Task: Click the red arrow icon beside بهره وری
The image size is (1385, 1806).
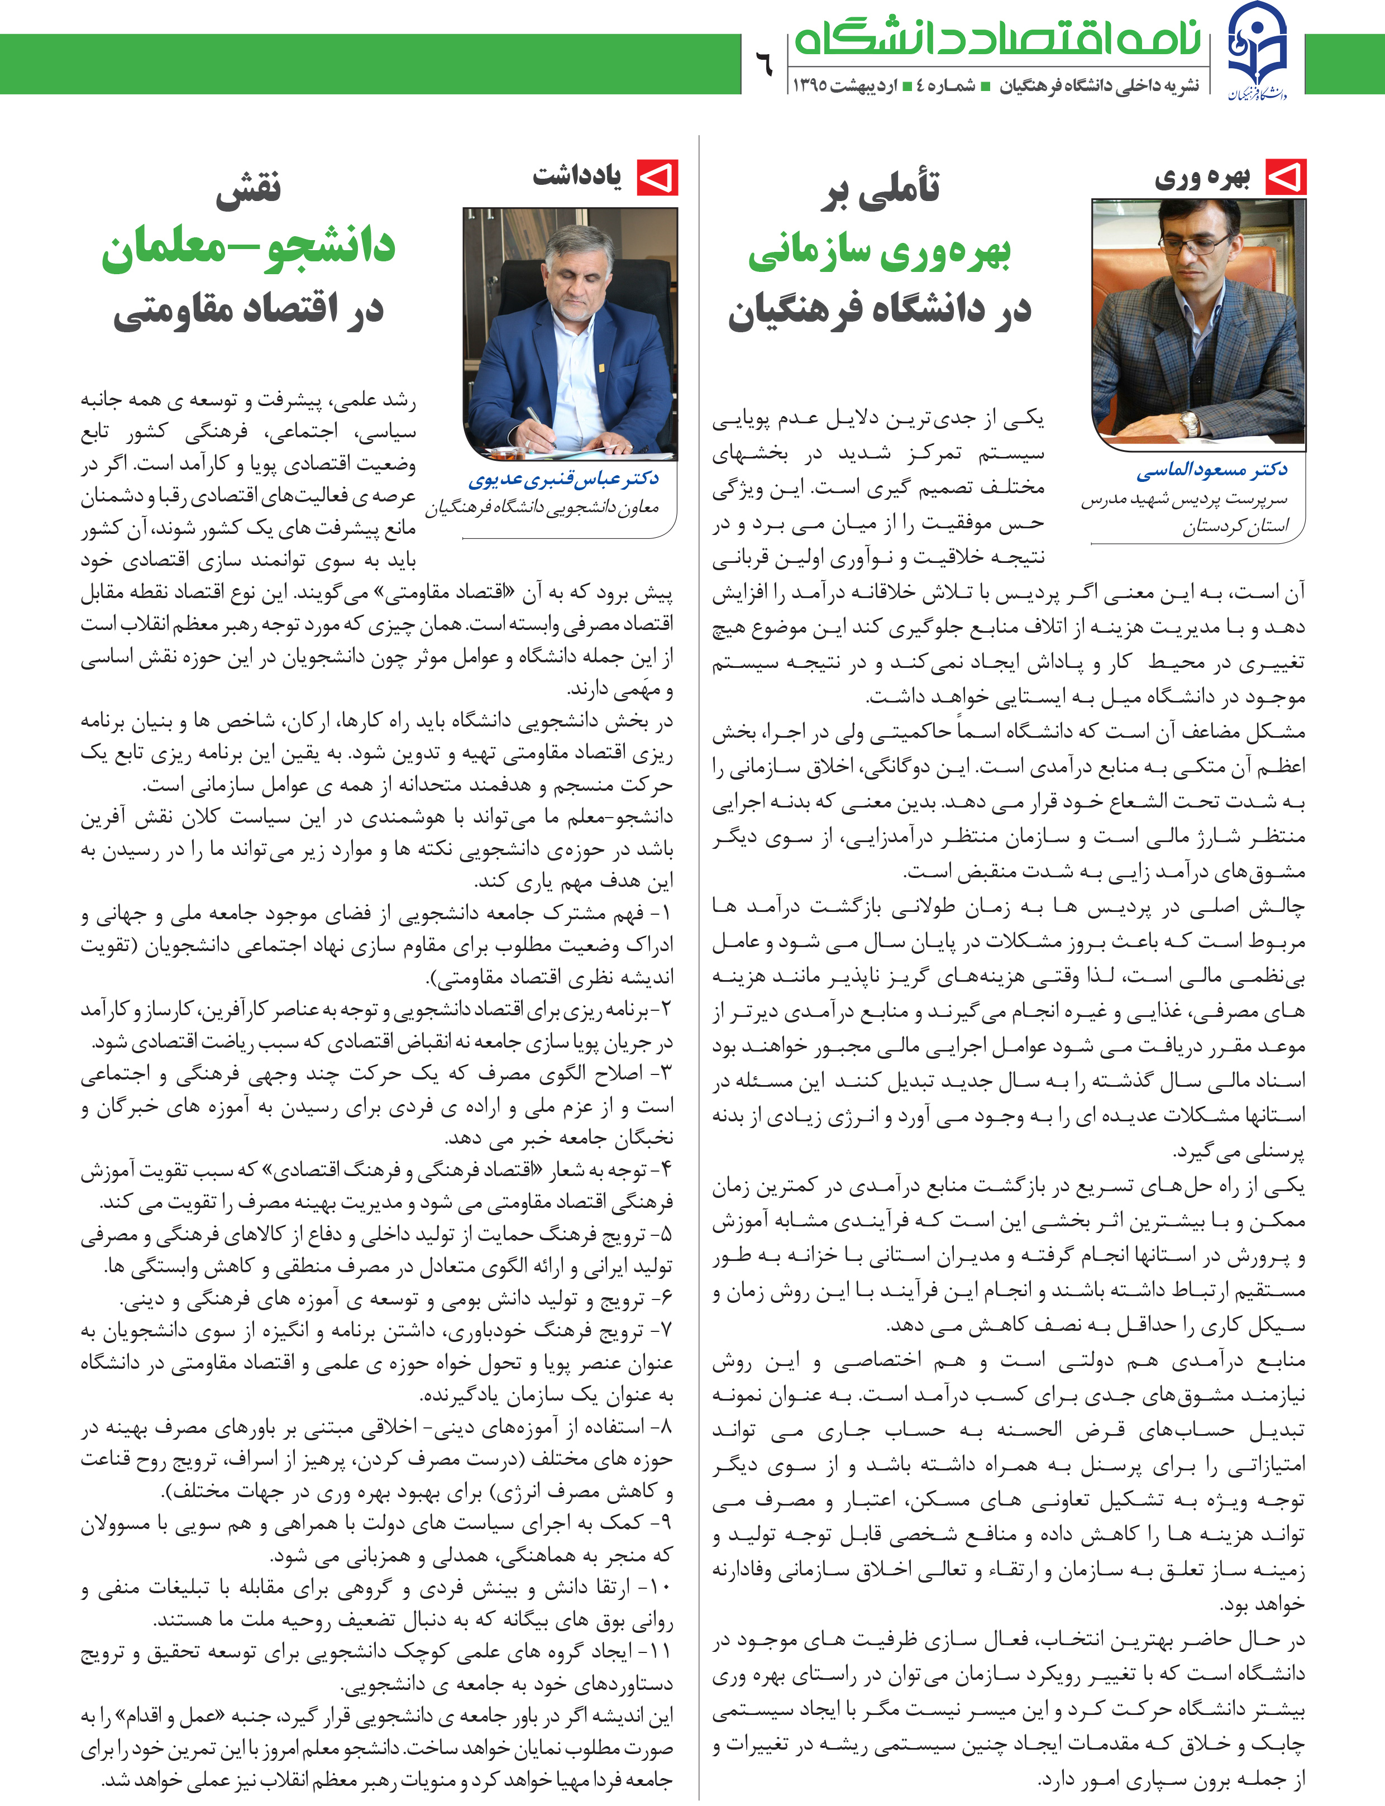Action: tap(1285, 177)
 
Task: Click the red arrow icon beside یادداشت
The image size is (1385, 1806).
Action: tap(657, 177)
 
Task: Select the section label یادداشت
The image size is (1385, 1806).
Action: tap(577, 175)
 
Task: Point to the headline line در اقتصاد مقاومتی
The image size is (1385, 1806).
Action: tap(248, 309)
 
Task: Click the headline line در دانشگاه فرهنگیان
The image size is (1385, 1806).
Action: tap(879, 309)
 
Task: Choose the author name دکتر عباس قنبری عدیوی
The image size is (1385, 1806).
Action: tap(564, 479)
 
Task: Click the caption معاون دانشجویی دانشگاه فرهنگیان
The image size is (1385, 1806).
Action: tap(542, 508)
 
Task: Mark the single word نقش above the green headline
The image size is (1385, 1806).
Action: tap(248, 189)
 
